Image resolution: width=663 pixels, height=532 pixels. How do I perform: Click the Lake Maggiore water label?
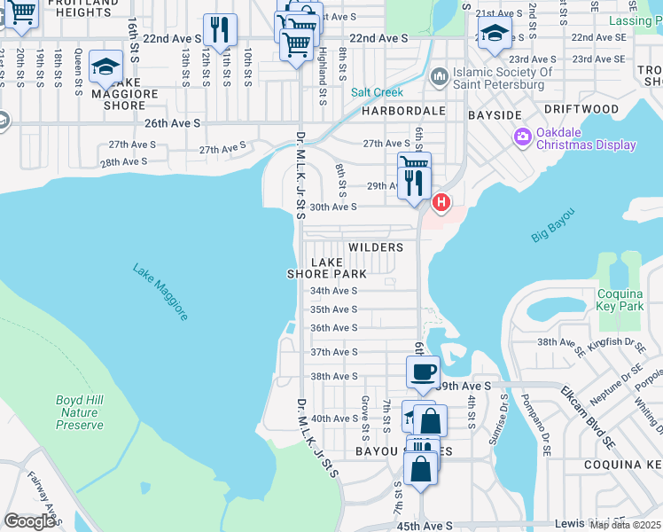pyautogui.click(x=160, y=292)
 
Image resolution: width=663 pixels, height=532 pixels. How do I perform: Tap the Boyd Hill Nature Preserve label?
pyautogui.click(x=80, y=412)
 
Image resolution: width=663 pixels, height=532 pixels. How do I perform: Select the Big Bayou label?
pyautogui.click(x=553, y=225)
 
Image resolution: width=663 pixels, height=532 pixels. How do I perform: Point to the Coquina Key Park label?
pyautogui.click(x=620, y=300)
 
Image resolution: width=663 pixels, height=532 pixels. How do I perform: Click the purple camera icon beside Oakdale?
pyautogui.click(x=522, y=135)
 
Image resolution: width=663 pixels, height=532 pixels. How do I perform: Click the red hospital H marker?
pyautogui.click(x=441, y=204)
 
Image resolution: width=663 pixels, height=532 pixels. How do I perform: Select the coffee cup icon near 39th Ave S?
pyautogui.click(x=424, y=371)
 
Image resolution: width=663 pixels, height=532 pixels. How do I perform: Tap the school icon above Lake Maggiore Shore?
pyautogui.click(x=105, y=66)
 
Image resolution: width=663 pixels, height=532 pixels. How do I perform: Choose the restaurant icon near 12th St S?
pyautogui.click(x=219, y=29)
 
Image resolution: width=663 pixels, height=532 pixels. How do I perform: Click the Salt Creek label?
pyautogui.click(x=377, y=92)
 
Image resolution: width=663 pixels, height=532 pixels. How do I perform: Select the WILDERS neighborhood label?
pyautogui.click(x=376, y=247)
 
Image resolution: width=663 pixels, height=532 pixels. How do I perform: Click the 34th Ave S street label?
pyautogui.click(x=332, y=291)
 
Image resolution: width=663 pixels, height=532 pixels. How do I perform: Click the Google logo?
pyautogui.click(x=30, y=520)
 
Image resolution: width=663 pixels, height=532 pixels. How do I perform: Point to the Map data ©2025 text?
pyautogui.click(x=626, y=525)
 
